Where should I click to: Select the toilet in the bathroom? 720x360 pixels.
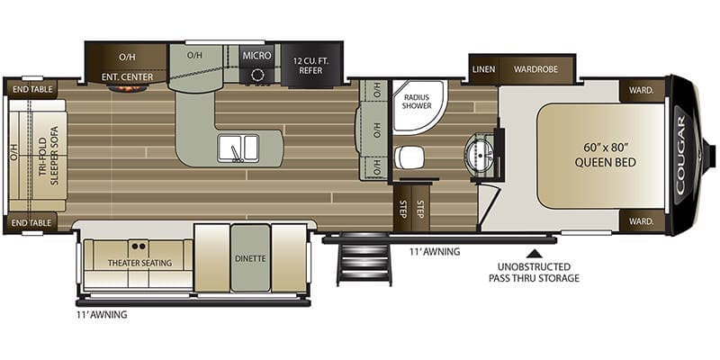(x=409, y=157)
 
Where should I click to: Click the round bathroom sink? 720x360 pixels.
(x=479, y=148)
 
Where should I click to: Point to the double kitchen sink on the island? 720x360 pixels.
(x=238, y=148)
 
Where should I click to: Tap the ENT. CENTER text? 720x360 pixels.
(x=127, y=77)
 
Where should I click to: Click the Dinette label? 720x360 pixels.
(x=251, y=258)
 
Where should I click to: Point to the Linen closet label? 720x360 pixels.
(x=484, y=68)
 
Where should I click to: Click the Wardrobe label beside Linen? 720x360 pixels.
(x=537, y=68)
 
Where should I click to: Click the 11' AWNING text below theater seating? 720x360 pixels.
(x=102, y=315)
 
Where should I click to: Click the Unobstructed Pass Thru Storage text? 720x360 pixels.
(x=540, y=271)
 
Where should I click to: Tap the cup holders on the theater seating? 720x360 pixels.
(x=138, y=244)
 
